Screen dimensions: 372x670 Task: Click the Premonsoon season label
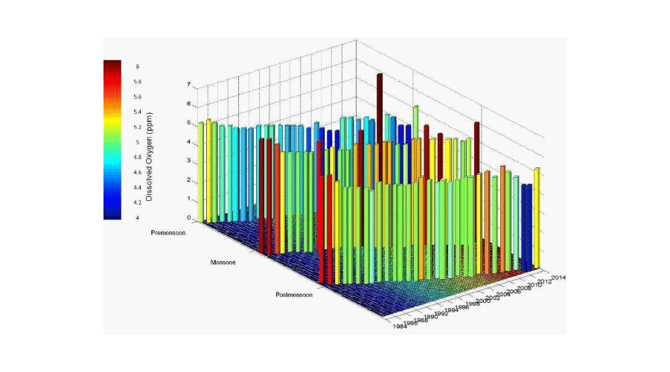(168, 232)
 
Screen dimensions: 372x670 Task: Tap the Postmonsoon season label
(293, 295)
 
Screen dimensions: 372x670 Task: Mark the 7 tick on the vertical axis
(188, 86)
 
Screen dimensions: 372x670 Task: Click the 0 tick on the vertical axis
(188, 219)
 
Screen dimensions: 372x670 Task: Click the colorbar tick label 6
(137, 66)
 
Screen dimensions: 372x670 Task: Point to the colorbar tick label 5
(137, 142)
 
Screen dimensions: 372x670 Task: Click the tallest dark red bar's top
(380, 76)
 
